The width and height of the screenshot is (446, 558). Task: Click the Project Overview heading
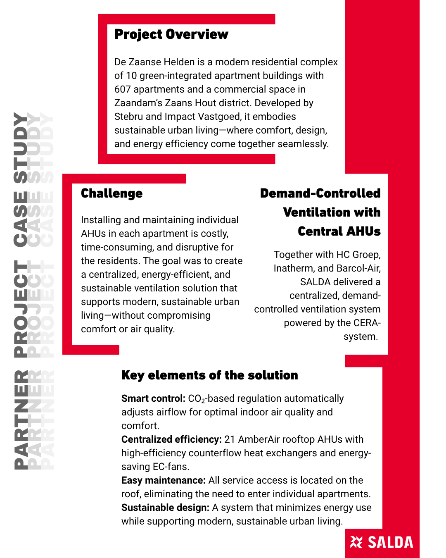pyautogui.click(x=171, y=34)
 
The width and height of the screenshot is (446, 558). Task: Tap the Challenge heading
pyautogui.click(x=111, y=193)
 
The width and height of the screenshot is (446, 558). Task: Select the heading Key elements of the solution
pyautogui.click(x=209, y=375)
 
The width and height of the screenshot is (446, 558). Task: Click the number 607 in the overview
pyautogui.click(x=123, y=89)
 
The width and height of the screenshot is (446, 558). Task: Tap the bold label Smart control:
pyautogui.click(x=153, y=398)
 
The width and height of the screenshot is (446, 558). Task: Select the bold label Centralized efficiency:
pyautogui.click(x=171, y=439)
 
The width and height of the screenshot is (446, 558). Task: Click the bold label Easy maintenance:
pyautogui.click(x=163, y=480)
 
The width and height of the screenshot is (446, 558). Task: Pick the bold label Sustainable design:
pyautogui.click(x=165, y=508)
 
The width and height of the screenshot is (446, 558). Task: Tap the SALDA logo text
pyautogui.click(x=390, y=543)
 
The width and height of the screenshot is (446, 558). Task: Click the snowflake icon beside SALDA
pyautogui.click(x=356, y=542)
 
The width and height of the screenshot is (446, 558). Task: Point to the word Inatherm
pyautogui.click(x=294, y=268)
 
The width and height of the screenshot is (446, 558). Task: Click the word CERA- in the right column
pyautogui.click(x=367, y=323)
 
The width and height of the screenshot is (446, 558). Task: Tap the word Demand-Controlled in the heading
pyautogui.click(x=320, y=193)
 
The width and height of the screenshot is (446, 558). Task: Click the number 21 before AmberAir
pyautogui.click(x=230, y=439)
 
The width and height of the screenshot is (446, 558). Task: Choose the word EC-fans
pyautogui.click(x=171, y=467)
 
